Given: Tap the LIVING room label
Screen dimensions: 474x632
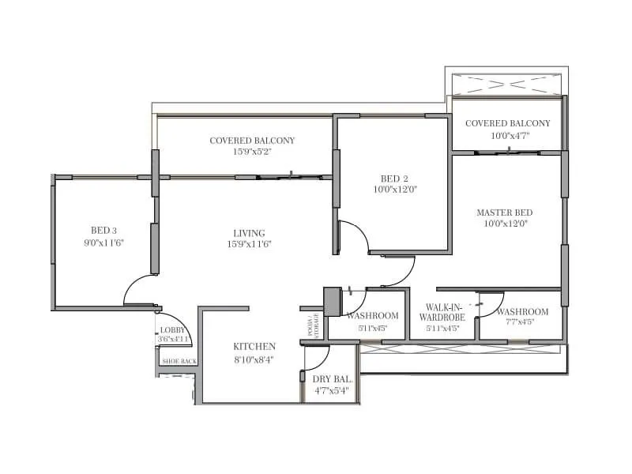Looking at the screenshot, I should [249, 233].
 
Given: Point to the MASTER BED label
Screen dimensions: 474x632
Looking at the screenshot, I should [504, 213].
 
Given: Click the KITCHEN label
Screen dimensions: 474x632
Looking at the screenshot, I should [254, 347].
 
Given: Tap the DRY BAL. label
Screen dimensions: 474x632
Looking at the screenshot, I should [332, 378].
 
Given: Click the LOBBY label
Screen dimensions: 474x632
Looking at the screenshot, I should [173, 330].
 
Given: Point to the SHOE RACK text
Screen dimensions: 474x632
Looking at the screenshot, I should [179, 361].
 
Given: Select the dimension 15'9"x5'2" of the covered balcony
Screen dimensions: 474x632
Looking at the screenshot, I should [252, 152].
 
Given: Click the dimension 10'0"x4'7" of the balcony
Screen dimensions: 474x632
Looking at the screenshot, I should [507, 135].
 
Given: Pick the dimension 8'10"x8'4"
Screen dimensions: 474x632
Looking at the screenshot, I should [254, 360].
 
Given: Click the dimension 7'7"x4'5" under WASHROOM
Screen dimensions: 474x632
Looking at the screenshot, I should [523, 322].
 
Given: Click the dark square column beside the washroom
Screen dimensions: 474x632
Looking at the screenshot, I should [332, 300].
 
